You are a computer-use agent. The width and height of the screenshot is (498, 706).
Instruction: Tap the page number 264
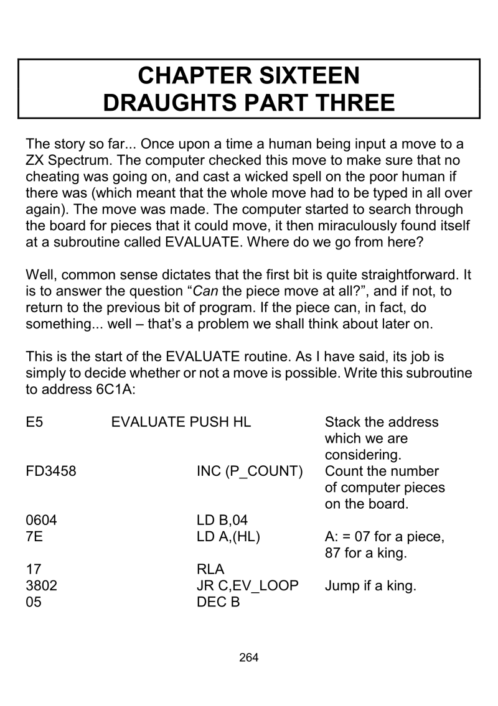tap(248, 657)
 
